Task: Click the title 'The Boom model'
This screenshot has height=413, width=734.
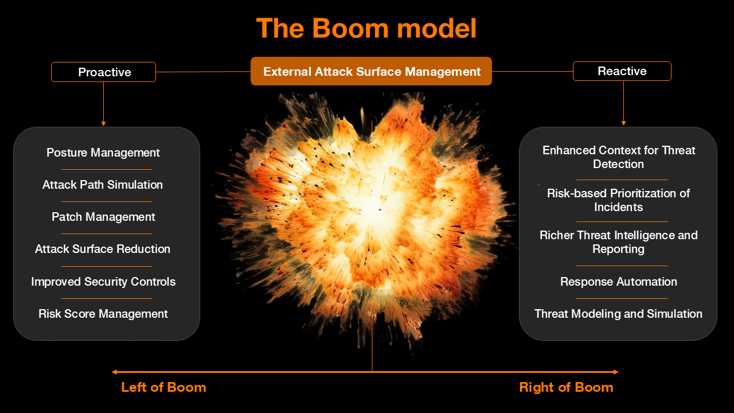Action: pyautogui.click(x=366, y=28)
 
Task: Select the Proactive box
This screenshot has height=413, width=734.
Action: pyautogui.click(x=104, y=72)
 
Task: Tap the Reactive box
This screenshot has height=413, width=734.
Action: pyautogui.click(x=622, y=71)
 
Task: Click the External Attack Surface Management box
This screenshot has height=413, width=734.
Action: pyautogui.click(x=371, y=71)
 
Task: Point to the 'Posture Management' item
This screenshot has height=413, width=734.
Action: pyautogui.click(x=103, y=153)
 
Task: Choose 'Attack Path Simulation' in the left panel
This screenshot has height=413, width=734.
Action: pyautogui.click(x=103, y=185)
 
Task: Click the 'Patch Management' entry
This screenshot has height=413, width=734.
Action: pyautogui.click(x=103, y=217)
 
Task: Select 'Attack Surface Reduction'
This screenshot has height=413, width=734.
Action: pyautogui.click(x=103, y=249)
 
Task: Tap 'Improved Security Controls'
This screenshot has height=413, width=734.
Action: pyautogui.click(x=103, y=282)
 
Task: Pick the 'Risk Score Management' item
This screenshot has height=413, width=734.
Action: pyautogui.click(x=103, y=314)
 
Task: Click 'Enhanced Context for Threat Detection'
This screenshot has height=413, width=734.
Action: pyautogui.click(x=619, y=157)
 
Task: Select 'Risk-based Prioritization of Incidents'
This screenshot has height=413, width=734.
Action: pyautogui.click(x=619, y=200)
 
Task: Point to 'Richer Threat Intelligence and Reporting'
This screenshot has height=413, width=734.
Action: pyautogui.click(x=619, y=242)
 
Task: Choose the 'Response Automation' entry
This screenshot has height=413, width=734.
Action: pyautogui.click(x=619, y=282)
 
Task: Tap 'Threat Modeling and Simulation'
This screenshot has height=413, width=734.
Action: pyautogui.click(x=619, y=314)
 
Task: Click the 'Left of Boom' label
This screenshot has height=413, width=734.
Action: pyautogui.click(x=164, y=387)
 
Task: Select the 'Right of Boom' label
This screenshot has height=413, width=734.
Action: pyautogui.click(x=566, y=387)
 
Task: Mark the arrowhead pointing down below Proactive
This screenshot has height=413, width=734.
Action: pyautogui.click(x=104, y=123)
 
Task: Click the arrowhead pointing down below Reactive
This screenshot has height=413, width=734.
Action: pyautogui.click(x=623, y=123)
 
